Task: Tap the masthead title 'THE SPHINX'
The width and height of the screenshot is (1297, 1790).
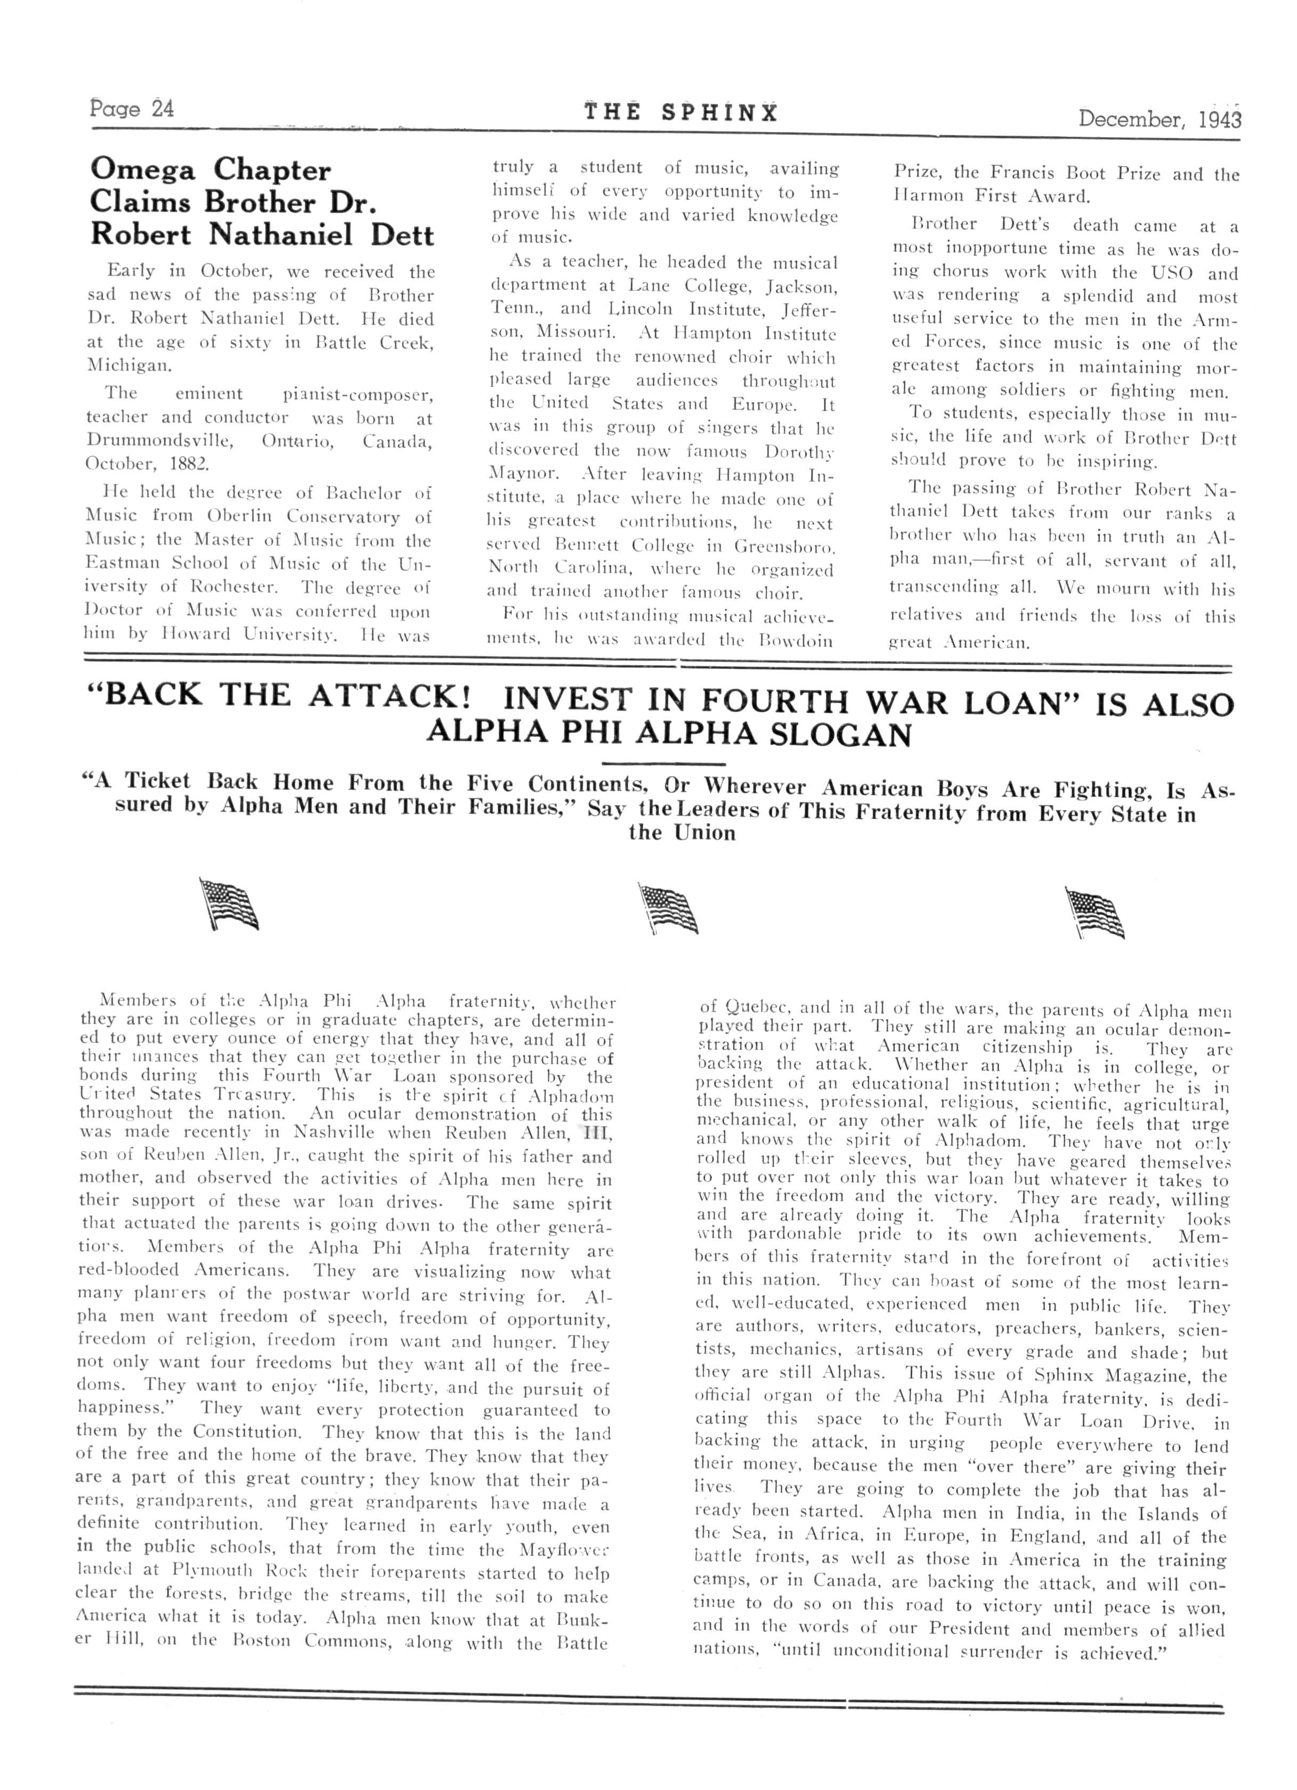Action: click(x=680, y=113)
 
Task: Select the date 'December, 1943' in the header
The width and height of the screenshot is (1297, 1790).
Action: click(x=1159, y=119)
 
